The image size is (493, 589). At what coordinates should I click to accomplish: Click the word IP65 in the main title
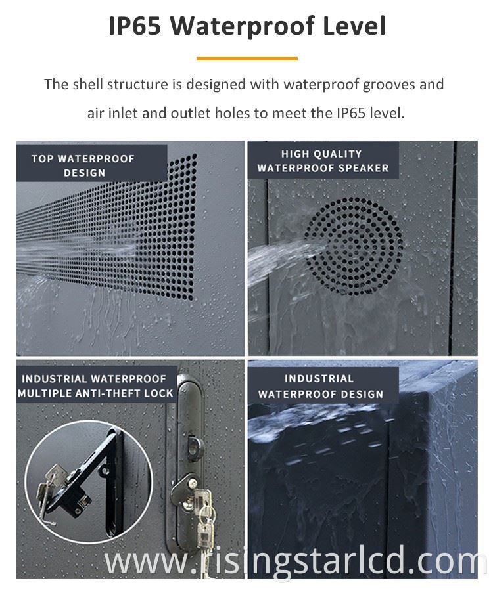tap(135, 26)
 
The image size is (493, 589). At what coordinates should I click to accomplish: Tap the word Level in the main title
tap(354, 26)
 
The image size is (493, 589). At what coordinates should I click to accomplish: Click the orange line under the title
tap(247, 58)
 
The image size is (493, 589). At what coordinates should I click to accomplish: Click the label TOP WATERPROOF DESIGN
tap(83, 165)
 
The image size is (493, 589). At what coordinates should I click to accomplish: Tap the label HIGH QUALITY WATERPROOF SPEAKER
tap(323, 161)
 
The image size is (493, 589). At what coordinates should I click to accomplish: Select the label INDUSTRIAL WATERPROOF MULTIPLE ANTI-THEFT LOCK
tap(95, 386)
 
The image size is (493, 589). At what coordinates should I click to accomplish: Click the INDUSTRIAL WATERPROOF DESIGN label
tap(320, 386)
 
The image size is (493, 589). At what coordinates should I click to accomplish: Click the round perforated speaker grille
tap(354, 246)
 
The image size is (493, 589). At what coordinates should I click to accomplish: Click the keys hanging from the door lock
tap(204, 515)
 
